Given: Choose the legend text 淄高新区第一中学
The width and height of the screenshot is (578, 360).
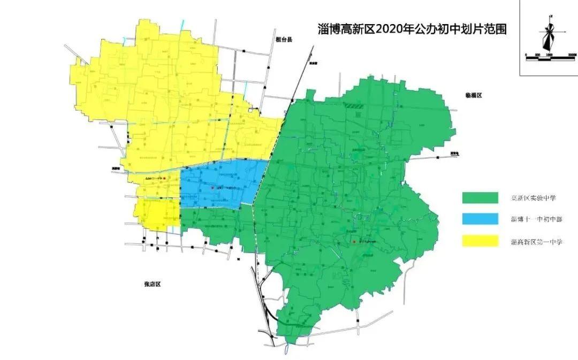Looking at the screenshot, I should tap(536, 242).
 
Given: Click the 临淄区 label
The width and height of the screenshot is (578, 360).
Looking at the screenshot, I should tap(474, 95).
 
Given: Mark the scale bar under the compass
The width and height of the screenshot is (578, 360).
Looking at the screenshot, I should tap(551, 58).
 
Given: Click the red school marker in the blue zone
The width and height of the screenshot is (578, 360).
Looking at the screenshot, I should tap(212, 188).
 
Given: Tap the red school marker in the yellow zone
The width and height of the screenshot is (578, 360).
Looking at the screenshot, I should tap(164, 178).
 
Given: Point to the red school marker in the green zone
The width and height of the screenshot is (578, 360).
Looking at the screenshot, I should tap(354, 242).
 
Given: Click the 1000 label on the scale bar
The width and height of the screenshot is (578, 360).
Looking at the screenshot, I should tap(549, 55).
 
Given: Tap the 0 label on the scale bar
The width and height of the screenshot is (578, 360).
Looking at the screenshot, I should tap(526, 55).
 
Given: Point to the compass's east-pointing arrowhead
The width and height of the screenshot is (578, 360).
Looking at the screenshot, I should tap(566, 32).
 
